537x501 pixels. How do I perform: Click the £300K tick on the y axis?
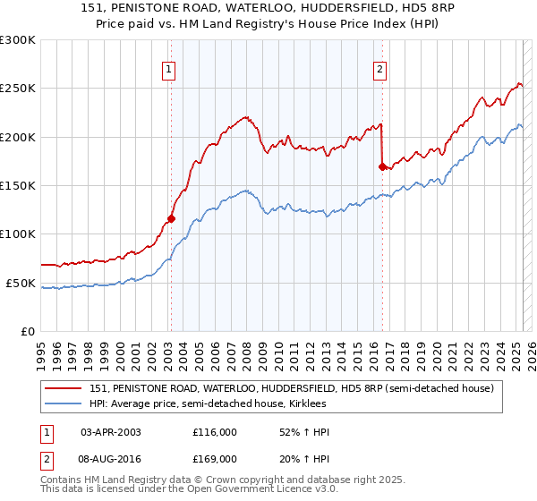click(18, 40)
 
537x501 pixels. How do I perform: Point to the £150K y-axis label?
click(18, 185)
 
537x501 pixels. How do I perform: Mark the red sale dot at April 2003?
click(171, 218)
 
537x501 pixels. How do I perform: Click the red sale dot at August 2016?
click(382, 166)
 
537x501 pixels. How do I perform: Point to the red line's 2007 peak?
click(245, 116)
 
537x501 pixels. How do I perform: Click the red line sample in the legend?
click(63, 388)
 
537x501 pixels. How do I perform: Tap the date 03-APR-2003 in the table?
click(111, 432)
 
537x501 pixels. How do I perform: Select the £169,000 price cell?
click(215, 458)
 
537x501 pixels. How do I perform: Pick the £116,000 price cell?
click(215, 432)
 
